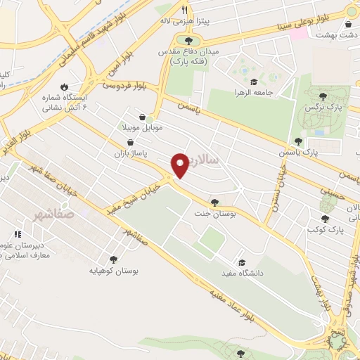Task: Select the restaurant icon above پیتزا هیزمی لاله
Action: pos(185,11)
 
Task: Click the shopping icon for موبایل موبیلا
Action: pos(143,117)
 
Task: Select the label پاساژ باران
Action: pos(128,152)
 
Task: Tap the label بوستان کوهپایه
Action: pos(115,270)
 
